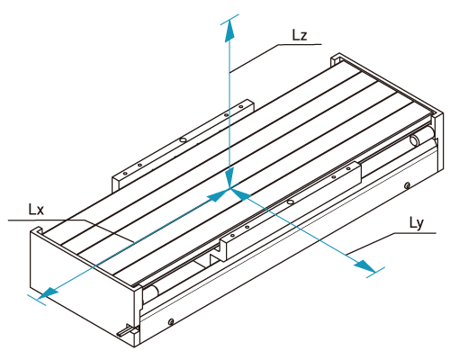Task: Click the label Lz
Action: [300, 35]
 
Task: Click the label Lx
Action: [36, 210]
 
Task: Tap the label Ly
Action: [417, 223]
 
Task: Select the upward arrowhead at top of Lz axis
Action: [229, 30]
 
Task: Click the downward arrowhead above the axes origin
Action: [229, 177]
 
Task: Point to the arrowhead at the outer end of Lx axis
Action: [48, 293]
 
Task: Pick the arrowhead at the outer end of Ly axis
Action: [364, 266]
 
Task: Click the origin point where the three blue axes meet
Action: [229, 188]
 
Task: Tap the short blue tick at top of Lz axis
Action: [229, 19]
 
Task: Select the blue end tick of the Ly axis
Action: [375, 272]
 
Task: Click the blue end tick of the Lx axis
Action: [37, 300]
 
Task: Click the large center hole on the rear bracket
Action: [183, 139]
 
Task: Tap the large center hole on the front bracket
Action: [290, 202]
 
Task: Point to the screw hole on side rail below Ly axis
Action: [171, 322]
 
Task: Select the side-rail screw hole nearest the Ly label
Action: [407, 185]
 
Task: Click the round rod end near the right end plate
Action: [415, 139]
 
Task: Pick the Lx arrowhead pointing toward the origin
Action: [217, 195]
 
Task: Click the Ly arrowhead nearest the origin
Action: [241, 194]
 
